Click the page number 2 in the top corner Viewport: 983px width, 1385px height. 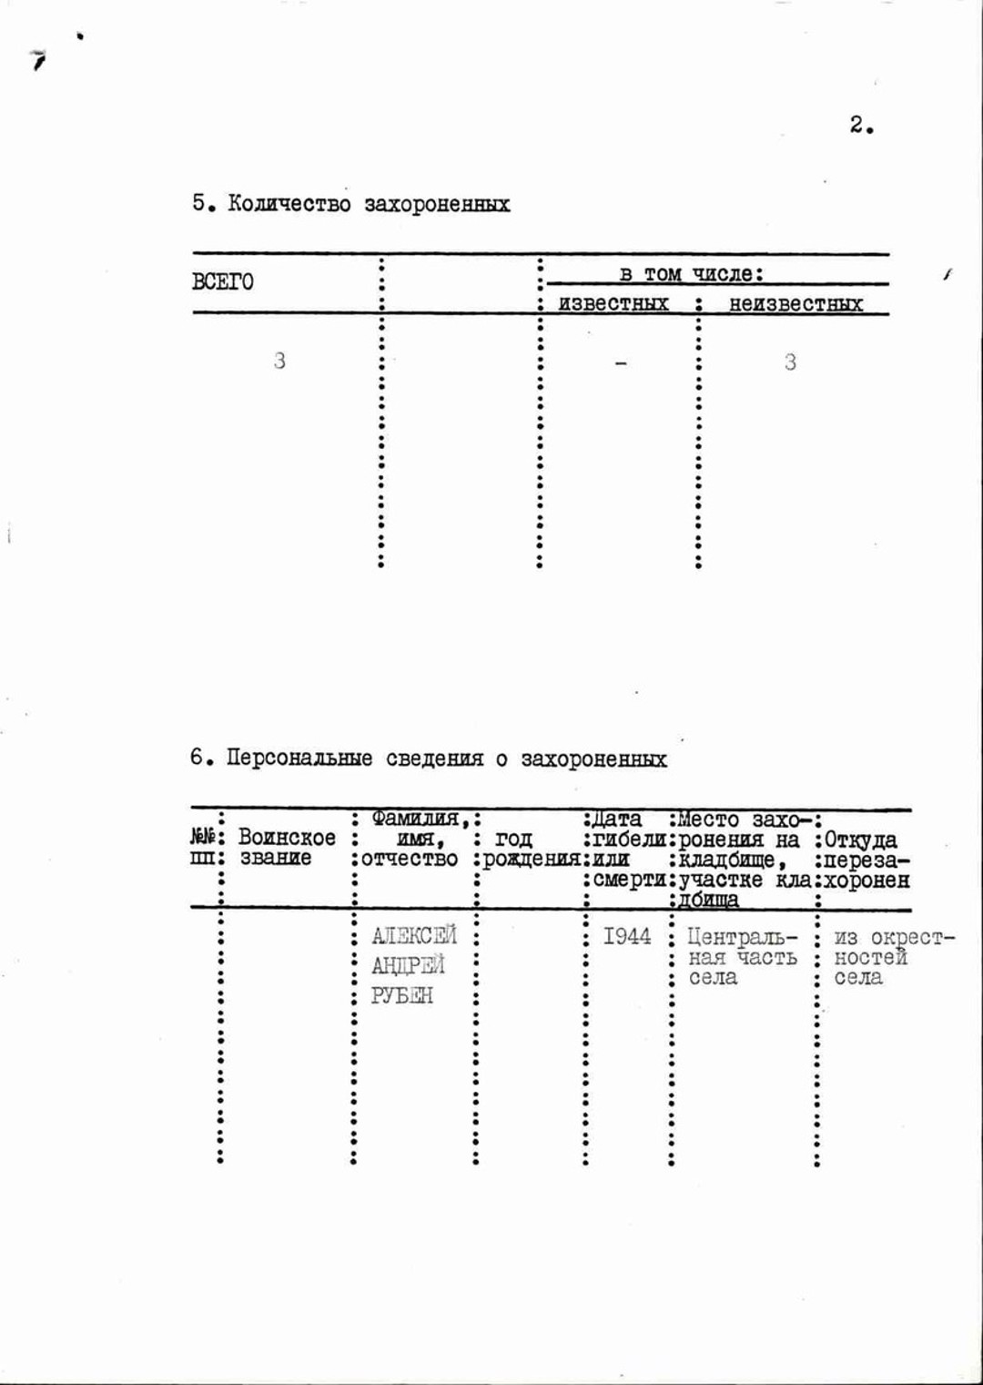pos(858,125)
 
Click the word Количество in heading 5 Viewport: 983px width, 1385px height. pos(289,204)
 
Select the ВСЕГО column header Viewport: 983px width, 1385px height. pos(222,281)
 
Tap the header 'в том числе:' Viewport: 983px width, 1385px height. pos(691,273)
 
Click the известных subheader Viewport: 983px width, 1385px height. pos(613,303)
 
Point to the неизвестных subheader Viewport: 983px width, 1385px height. pos(796,304)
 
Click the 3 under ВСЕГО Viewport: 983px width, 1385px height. pos(279,361)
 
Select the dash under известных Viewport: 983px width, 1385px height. pos(621,363)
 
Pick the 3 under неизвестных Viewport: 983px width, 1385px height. pos(790,362)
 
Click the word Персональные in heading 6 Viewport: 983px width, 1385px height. pos(299,759)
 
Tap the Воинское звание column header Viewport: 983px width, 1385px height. pos(286,847)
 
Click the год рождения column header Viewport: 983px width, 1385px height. pos(530,849)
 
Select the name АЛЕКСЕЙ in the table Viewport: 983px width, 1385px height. pos(414,935)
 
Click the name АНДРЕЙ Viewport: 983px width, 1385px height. pos(408,965)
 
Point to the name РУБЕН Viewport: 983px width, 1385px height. pos(401,995)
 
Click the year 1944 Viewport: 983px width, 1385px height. pos(627,936)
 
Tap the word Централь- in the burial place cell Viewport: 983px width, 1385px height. pos(741,937)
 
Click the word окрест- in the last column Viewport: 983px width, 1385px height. pos(912,937)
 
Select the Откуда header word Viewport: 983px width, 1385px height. pos(860,840)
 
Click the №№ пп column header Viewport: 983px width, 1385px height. pos(204,847)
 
